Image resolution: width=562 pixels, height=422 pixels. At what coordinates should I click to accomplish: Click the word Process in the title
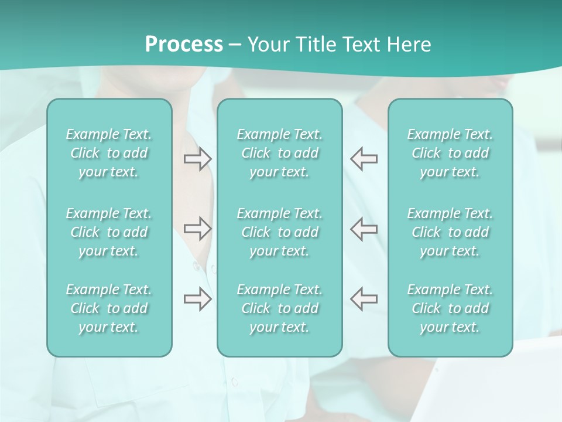tap(184, 45)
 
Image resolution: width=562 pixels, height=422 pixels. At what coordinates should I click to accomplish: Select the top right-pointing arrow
tap(198, 159)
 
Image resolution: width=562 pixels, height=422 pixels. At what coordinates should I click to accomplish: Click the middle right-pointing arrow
tap(198, 229)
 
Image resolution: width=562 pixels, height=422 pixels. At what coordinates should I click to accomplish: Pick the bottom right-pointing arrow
tap(198, 299)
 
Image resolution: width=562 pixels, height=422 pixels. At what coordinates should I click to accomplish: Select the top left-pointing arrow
tap(364, 159)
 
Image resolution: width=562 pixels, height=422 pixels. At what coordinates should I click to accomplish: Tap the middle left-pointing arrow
tap(364, 229)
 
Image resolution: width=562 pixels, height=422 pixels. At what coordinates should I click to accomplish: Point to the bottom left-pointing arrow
tap(364, 299)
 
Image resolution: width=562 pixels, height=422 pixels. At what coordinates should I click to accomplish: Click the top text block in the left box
tap(109, 153)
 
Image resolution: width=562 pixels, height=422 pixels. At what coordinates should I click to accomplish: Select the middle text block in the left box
tap(109, 232)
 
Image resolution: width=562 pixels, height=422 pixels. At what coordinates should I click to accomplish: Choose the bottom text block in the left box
tap(109, 308)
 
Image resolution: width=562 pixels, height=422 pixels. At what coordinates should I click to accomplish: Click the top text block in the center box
tap(279, 153)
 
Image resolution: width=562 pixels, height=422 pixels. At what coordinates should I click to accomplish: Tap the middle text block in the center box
tap(279, 232)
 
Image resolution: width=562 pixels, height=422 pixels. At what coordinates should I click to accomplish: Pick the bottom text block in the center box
tap(279, 308)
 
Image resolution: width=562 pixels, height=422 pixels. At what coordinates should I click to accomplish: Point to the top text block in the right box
tap(450, 153)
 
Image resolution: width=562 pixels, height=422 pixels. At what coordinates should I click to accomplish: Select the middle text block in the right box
tap(450, 232)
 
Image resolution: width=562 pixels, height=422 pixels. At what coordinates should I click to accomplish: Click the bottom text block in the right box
tap(450, 308)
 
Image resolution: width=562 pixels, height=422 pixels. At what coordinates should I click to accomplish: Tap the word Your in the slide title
tap(266, 45)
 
